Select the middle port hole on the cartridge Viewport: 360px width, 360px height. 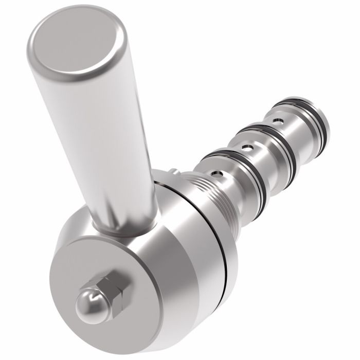pyautogui.click(x=249, y=148)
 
